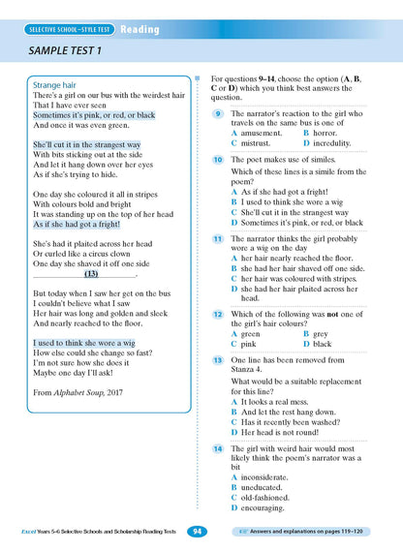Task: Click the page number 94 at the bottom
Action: coord(197,532)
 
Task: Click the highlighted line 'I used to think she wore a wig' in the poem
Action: coord(84,343)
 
